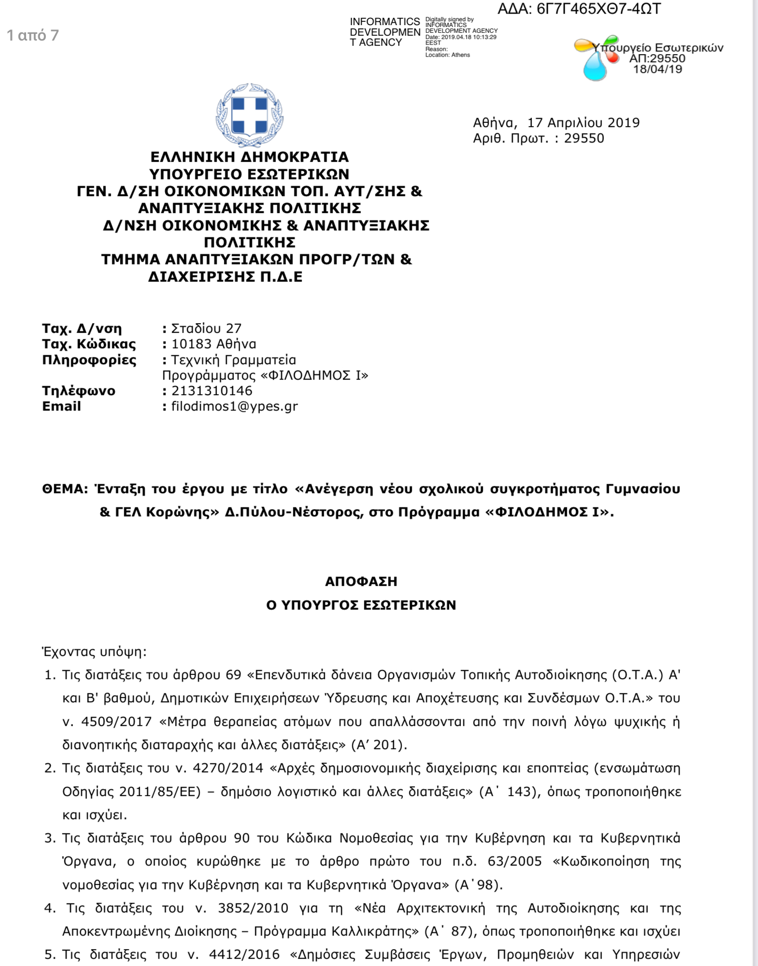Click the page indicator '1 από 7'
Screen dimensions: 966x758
pos(33,35)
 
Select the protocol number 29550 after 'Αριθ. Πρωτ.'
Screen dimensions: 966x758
pos(584,139)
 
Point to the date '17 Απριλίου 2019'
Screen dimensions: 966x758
pos(583,123)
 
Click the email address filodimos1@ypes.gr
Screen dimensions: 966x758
pos(234,406)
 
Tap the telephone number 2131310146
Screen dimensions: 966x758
pos(212,391)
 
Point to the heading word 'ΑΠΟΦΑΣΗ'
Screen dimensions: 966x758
pos(361,582)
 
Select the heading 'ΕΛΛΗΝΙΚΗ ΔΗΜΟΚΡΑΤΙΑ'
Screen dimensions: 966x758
pos(249,157)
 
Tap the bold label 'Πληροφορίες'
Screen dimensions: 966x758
pos(89,360)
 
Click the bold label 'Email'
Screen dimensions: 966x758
pos(61,406)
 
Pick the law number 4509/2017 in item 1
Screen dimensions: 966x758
pos(116,722)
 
